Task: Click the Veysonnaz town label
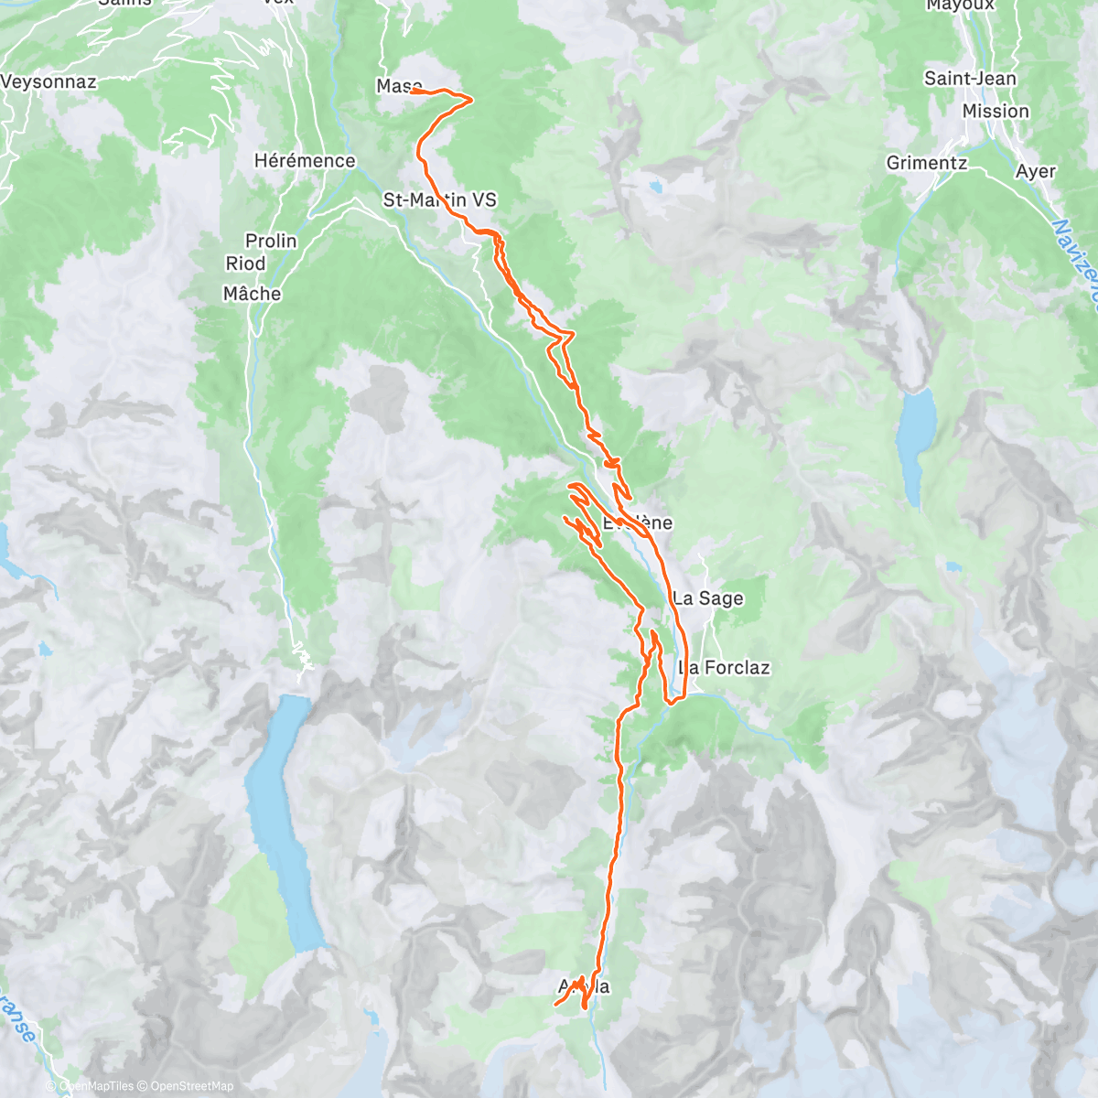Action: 48,81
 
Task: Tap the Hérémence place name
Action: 305,161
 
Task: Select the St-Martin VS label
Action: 439,199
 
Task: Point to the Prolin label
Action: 271,241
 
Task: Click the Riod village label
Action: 245,264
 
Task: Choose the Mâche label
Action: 252,294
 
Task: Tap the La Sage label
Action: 708,598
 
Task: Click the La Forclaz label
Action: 724,668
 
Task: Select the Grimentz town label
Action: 926,163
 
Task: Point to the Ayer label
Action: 1036,171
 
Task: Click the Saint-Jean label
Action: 970,79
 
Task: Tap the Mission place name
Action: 996,111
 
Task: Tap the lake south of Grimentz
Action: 917,444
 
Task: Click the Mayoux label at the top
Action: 960,5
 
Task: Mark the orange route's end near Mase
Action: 413,91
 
